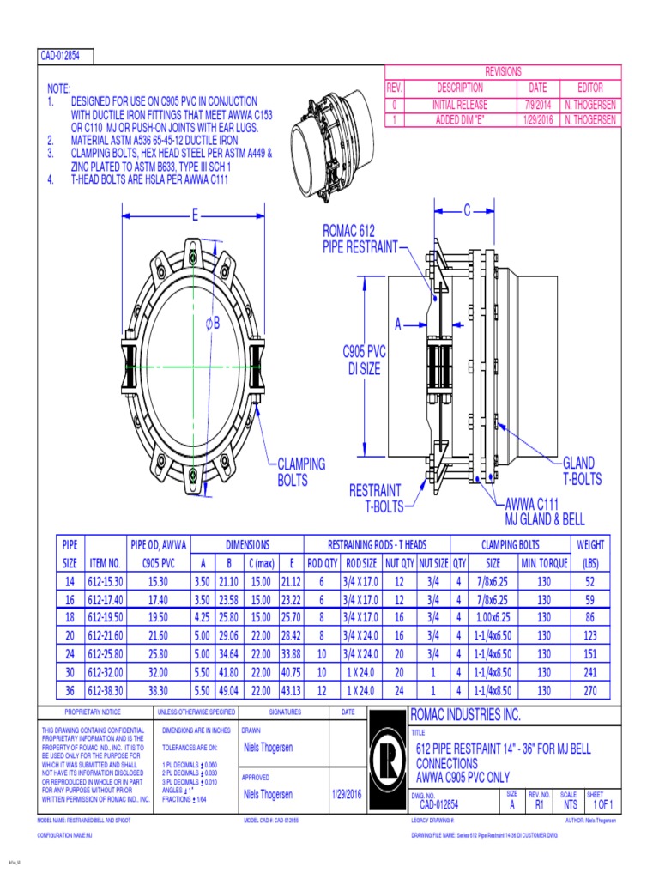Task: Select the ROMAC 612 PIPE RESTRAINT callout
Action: point(360,239)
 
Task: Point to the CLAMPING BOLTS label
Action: point(301,472)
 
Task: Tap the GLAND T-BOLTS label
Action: point(582,471)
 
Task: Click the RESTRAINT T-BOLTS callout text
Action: point(375,499)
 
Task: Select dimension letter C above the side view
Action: point(468,210)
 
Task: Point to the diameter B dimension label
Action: point(213,324)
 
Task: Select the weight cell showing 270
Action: point(590,689)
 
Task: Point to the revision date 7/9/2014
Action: point(537,104)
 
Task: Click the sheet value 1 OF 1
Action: point(603,804)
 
